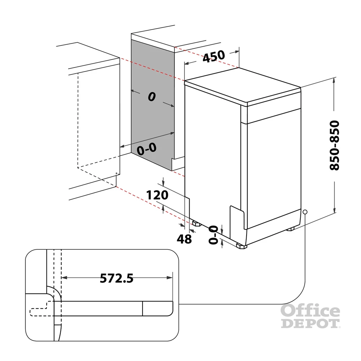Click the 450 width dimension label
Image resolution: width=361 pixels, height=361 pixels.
pos(214,56)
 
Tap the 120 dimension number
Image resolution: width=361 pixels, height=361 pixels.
pos(157,195)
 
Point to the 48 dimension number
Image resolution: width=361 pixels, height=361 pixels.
pos(184,239)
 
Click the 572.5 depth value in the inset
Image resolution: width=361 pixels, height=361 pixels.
pos(117,278)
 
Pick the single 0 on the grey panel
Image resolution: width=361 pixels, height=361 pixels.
pos(152,96)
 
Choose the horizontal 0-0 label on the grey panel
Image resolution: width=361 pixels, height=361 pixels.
pos(147,149)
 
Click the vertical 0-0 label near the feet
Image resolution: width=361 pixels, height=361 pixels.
pos(213,235)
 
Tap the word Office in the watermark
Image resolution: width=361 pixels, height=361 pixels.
pos(310,310)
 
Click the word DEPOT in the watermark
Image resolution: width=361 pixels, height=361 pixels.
pos(310,323)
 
